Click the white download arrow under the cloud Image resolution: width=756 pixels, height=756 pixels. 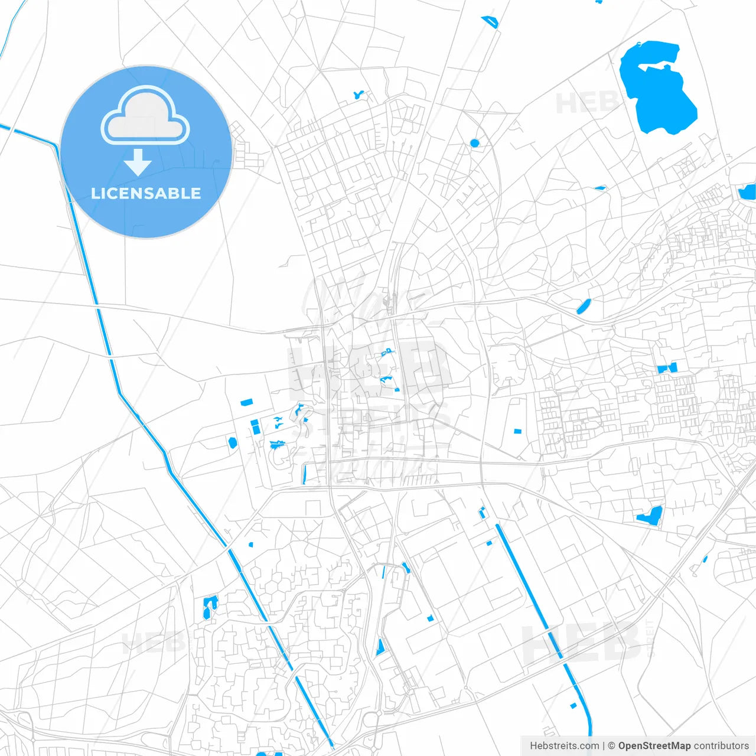(x=138, y=162)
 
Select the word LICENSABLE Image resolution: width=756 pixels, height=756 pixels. (x=146, y=193)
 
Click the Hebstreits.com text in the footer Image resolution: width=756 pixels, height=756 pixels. (x=564, y=746)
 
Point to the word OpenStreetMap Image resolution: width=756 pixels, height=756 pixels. (x=654, y=746)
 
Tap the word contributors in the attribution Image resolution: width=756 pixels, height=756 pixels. (x=721, y=746)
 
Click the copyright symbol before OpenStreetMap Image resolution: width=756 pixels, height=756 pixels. (x=612, y=746)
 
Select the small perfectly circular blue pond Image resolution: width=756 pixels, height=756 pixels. (x=474, y=143)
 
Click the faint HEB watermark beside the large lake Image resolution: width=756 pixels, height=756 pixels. (x=585, y=103)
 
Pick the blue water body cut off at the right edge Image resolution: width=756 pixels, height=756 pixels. (x=748, y=192)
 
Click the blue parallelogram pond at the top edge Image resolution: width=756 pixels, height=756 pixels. (x=490, y=22)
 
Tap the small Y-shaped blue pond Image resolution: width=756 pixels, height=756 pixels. (x=358, y=94)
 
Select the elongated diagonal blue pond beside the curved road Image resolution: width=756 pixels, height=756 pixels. (x=584, y=306)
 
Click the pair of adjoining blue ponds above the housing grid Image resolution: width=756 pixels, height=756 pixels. (x=667, y=369)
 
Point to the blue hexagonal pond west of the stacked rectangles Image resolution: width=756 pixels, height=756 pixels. (x=233, y=442)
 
